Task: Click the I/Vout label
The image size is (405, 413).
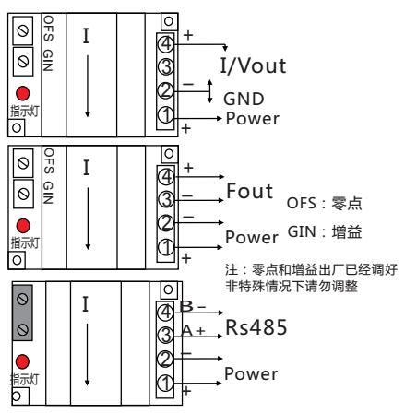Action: click(x=253, y=65)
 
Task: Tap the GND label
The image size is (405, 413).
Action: click(x=244, y=99)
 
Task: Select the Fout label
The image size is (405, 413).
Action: click(x=249, y=191)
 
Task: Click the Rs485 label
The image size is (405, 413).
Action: click(x=256, y=327)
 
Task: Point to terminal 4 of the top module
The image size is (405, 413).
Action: click(x=166, y=43)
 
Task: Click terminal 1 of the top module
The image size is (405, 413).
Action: click(x=166, y=115)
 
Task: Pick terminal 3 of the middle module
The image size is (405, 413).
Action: click(x=166, y=200)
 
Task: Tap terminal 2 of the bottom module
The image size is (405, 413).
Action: click(x=165, y=359)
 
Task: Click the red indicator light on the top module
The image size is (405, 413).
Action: click(x=23, y=93)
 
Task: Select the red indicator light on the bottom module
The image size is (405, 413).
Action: click(x=22, y=361)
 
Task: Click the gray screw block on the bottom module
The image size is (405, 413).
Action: click(x=22, y=313)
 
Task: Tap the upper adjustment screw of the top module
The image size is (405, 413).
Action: click(x=23, y=30)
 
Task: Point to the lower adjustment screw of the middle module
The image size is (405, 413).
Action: click(x=24, y=194)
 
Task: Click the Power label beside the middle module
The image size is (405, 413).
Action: click(x=252, y=238)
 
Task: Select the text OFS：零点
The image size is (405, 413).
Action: click(x=324, y=203)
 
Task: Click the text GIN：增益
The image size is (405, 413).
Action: click(x=325, y=232)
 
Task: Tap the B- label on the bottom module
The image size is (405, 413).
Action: click(x=193, y=306)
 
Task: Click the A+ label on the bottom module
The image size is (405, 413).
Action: click(x=193, y=331)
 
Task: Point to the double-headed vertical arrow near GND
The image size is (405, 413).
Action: click(x=209, y=91)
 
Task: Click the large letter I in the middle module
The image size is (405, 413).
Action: click(x=86, y=168)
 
